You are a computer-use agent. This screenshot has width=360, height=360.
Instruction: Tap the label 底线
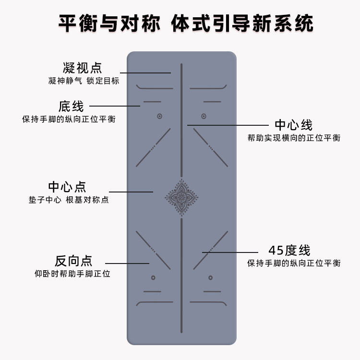[71, 106]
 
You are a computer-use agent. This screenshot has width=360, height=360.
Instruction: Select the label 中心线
[293, 126]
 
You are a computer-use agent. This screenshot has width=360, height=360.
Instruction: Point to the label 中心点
[67, 187]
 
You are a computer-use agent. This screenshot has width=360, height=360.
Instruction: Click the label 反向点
[73, 261]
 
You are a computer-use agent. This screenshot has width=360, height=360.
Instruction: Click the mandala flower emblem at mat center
[181, 196]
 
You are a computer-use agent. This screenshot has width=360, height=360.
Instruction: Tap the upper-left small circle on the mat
[159, 116]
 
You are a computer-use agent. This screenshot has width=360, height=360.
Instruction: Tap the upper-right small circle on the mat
[204, 116]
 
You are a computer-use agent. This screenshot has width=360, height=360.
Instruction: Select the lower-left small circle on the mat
[153, 277]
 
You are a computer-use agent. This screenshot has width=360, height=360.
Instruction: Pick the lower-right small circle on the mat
[210, 277]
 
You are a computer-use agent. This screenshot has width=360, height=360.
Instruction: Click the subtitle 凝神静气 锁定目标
[84, 81]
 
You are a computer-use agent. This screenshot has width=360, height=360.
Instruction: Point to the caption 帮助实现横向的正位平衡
[294, 138]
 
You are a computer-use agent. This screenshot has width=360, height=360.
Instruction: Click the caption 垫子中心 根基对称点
[69, 200]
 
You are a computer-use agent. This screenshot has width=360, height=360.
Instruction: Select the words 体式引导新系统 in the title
[242, 23]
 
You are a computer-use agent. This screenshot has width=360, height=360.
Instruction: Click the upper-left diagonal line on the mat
[153, 147]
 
